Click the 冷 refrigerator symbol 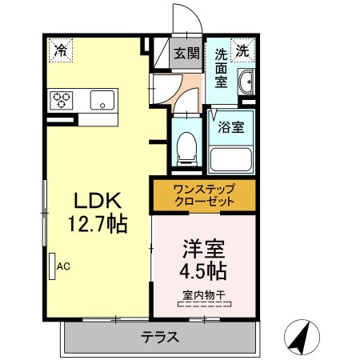[60, 50]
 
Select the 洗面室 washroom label [221, 69]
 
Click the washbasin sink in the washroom [247, 82]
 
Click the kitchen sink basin [102, 100]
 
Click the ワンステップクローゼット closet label [203, 195]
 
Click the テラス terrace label [160, 337]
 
